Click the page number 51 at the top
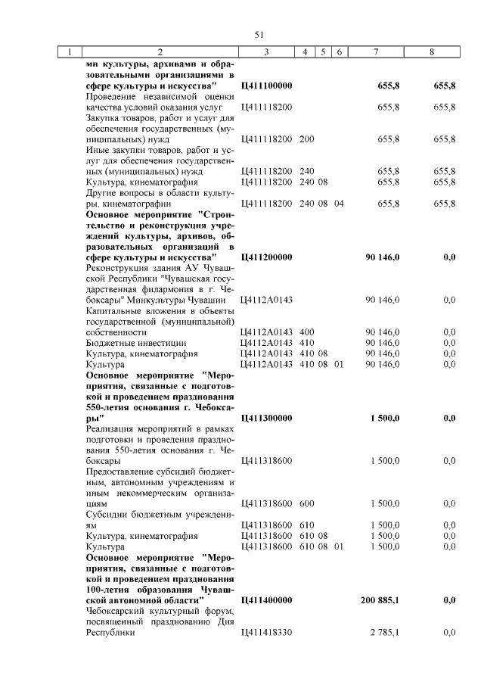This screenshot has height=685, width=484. (259, 35)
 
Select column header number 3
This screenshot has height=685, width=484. (267, 52)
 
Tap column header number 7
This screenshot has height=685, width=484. (376, 52)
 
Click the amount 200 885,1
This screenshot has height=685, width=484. (381, 600)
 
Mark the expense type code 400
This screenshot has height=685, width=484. (306, 332)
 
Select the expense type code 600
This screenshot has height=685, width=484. (306, 503)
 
